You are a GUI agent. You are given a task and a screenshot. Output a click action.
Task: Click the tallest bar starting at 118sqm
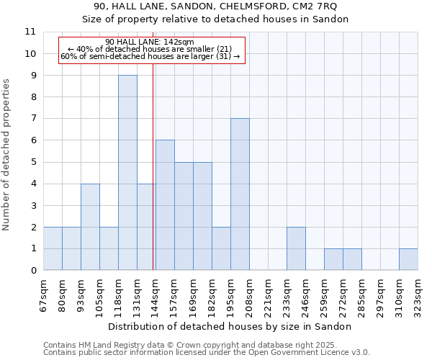pos(127,173)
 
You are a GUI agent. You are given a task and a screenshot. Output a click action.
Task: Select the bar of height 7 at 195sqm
pos(240,194)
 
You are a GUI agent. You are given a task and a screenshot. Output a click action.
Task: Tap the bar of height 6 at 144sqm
pos(165,205)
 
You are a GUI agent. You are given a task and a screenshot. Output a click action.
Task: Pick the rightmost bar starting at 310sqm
pos(408,259)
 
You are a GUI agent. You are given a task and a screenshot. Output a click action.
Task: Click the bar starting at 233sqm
pos(296,248)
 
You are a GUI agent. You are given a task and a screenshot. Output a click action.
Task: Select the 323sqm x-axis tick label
pos(418,295)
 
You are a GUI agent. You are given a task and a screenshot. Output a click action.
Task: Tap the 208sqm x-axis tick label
pos(249,295)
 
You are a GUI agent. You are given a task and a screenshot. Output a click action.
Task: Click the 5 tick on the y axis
pos(33,162)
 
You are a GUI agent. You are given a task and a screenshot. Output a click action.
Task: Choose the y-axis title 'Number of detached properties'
pos(6,154)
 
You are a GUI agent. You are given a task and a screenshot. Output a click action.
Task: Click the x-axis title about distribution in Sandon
pos(230,326)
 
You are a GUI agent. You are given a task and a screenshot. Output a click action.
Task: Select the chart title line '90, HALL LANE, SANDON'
pos(215,6)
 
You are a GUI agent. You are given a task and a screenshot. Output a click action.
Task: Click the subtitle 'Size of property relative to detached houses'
pos(215,19)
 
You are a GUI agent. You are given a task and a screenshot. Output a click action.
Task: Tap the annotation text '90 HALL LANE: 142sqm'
pos(149,42)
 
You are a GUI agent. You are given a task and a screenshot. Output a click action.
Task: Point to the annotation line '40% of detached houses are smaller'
pos(149,49)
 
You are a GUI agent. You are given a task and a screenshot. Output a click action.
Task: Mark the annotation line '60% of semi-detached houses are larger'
pos(150,56)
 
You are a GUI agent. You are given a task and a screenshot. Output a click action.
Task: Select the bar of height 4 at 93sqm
pos(90,227)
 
